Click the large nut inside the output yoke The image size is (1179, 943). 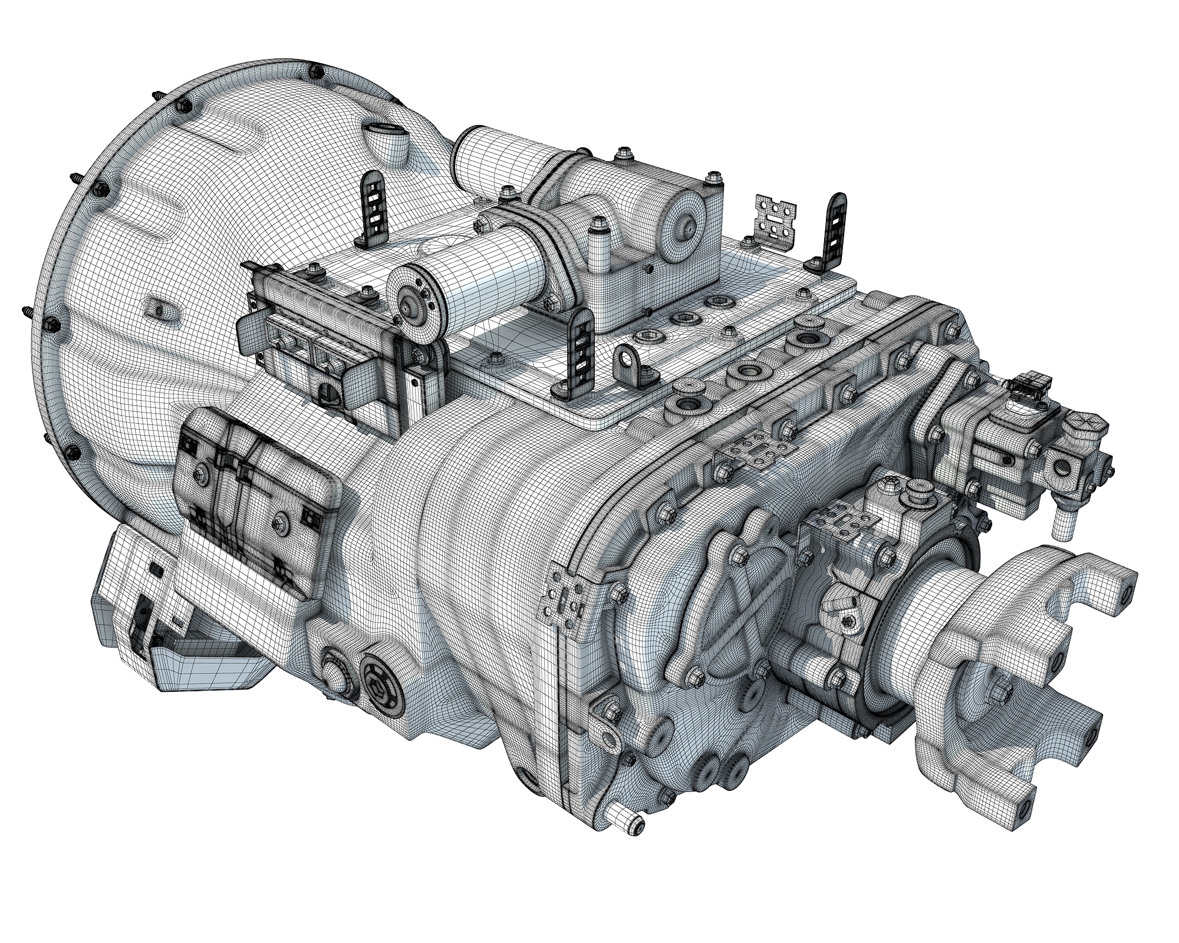tap(998, 688)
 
